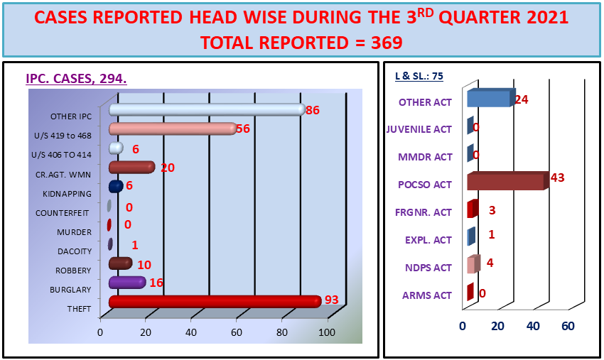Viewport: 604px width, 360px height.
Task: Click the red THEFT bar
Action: [215, 302]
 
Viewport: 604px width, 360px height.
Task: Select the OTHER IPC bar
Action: [207, 110]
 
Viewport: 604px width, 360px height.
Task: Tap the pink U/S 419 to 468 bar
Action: [173, 129]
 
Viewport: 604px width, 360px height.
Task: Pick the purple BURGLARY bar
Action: [127, 283]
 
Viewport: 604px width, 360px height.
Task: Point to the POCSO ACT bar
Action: [507, 181]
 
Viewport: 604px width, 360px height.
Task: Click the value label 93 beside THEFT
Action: [332, 300]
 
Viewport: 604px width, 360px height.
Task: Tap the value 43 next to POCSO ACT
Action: [557, 178]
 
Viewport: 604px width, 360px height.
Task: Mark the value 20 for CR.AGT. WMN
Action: [168, 168]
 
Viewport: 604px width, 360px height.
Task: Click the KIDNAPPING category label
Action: [67, 194]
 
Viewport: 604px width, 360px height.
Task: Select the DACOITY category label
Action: [75, 251]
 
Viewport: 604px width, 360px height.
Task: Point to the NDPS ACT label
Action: [428, 268]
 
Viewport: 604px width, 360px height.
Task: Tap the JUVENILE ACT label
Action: [419, 129]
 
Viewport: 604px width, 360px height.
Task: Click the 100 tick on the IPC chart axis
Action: [327, 332]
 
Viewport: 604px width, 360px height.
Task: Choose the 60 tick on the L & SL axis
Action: [568, 326]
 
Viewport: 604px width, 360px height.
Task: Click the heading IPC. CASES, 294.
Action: [76, 79]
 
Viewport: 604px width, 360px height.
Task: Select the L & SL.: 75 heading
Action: [419, 76]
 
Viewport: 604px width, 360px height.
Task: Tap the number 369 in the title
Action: [387, 43]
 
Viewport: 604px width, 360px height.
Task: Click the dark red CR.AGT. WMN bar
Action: [131, 168]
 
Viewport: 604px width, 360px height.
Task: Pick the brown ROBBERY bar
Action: [121, 263]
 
